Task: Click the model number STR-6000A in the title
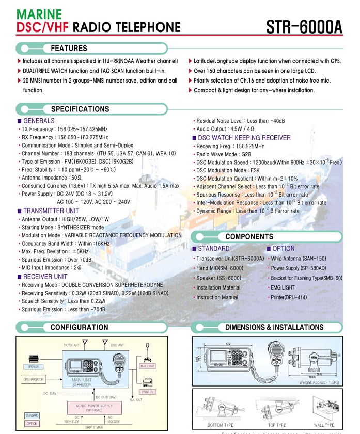[x=304, y=26]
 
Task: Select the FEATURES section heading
[x=69, y=49]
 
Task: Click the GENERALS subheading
[x=39, y=121]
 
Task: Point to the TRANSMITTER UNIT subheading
[x=51, y=211]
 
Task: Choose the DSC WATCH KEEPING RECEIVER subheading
[x=244, y=138]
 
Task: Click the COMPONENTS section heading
[x=249, y=237]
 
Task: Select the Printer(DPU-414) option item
[x=288, y=298]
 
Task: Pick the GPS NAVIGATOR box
[x=33, y=379]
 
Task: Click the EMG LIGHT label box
[x=148, y=366]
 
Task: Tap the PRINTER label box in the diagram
[x=148, y=392]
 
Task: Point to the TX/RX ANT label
[x=72, y=345]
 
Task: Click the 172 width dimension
[x=228, y=343]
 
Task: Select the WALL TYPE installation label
[x=324, y=425]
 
